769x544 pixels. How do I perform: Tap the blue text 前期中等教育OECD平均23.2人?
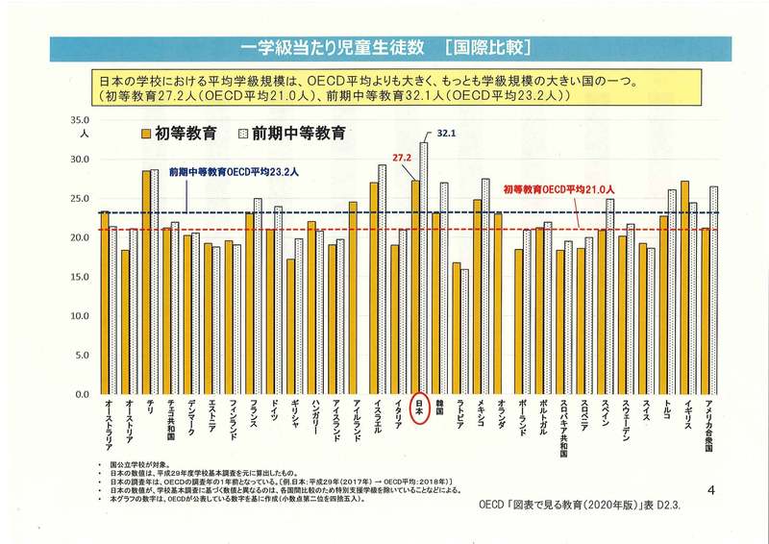click(x=234, y=171)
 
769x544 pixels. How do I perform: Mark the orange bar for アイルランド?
click(x=354, y=298)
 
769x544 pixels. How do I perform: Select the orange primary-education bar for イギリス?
click(x=684, y=287)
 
